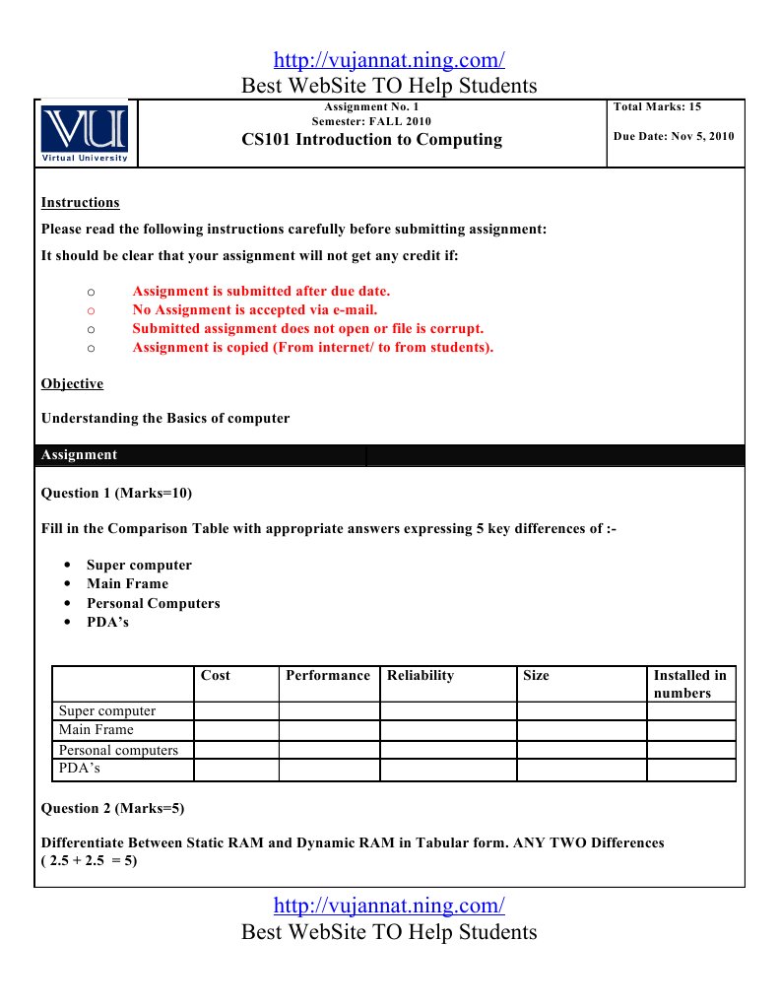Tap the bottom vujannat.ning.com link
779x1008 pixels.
click(x=389, y=905)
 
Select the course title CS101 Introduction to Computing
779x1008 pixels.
click(x=371, y=140)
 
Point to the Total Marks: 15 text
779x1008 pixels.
click(x=657, y=106)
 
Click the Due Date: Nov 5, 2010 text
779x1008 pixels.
click(x=674, y=136)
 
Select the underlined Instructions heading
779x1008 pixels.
click(x=80, y=203)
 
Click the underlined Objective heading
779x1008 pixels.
click(x=72, y=384)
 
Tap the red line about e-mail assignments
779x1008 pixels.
click(x=255, y=309)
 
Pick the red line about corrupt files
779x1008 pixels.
click(x=307, y=328)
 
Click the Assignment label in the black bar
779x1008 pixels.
click(x=79, y=455)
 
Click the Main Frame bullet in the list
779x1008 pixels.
click(x=127, y=583)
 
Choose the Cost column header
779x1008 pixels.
click(x=216, y=676)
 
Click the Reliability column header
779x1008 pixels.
click(x=421, y=676)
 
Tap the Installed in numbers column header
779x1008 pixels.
click(x=689, y=684)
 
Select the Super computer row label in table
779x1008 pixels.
click(x=107, y=710)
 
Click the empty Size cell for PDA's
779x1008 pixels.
click(x=581, y=770)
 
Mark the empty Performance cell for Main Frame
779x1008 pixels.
click(x=329, y=730)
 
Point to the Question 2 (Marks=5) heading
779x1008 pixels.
click(x=112, y=808)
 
